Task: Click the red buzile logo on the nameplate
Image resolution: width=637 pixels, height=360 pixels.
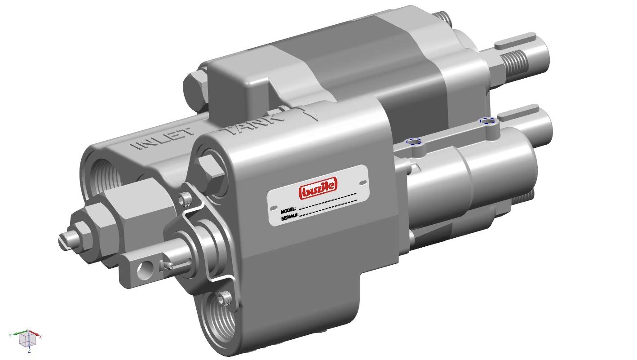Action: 318,188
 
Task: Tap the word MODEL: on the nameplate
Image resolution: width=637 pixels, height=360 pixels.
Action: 288,209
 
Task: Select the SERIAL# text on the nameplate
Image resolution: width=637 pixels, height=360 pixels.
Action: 289,217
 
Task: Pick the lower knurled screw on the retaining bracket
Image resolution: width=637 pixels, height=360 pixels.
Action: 222,298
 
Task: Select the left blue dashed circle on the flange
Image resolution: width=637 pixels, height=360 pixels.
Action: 414,142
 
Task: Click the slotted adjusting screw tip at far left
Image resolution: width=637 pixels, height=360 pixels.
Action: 65,240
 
